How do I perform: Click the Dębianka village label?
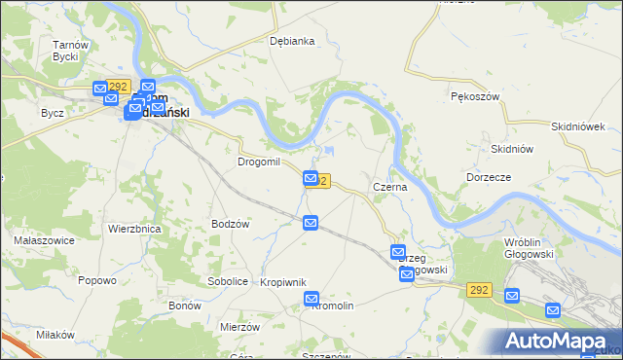(x=292, y=41)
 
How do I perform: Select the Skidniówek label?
(x=578, y=126)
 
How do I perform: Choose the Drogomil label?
(x=259, y=162)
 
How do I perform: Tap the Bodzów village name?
(x=232, y=224)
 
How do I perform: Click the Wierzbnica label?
(x=134, y=229)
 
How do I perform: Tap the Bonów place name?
(x=184, y=306)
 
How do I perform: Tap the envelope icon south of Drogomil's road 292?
(x=311, y=224)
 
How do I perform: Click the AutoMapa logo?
(x=559, y=341)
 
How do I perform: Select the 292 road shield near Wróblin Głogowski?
(x=478, y=290)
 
